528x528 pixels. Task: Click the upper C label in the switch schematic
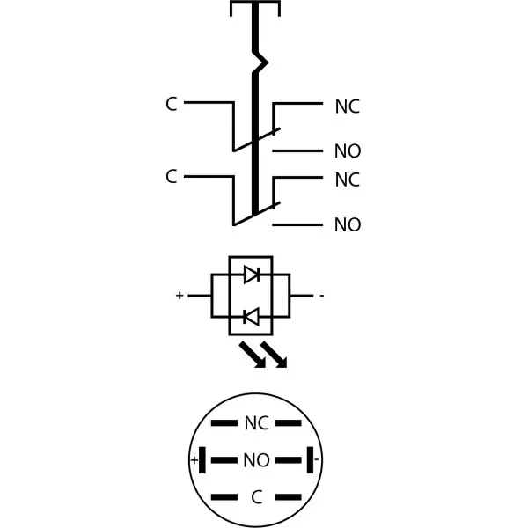[x=171, y=104]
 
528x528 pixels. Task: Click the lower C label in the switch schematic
[x=171, y=177]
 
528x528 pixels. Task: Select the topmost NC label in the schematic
[x=348, y=106]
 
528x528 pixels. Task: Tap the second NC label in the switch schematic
[x=348, y=180]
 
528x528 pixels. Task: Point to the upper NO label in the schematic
[x=348, y=150]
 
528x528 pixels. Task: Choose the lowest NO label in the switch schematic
[x=348, y=224]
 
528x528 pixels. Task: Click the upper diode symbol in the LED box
[x=252, y=275]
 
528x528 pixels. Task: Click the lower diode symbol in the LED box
[x=251, y=317]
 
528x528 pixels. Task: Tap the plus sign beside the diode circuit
[x=180, y=296]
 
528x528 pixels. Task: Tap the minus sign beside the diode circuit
[x=322, y=296]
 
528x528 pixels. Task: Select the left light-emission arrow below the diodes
[x=253, y=355]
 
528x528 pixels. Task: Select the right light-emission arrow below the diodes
[x=274, y=355]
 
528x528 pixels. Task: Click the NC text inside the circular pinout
[x=257, y=423]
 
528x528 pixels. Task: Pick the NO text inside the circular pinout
[x=257, y=460]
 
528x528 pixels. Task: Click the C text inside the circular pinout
[x=257, y=497]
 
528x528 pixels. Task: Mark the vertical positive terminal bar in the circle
[x=202, y=460]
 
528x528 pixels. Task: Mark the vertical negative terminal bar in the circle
[x=310, y=460]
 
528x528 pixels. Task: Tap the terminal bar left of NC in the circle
[x=224, y=423]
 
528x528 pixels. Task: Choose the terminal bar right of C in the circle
[x=289, y=497]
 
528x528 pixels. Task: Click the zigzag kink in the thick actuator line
[x=260, y=62]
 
